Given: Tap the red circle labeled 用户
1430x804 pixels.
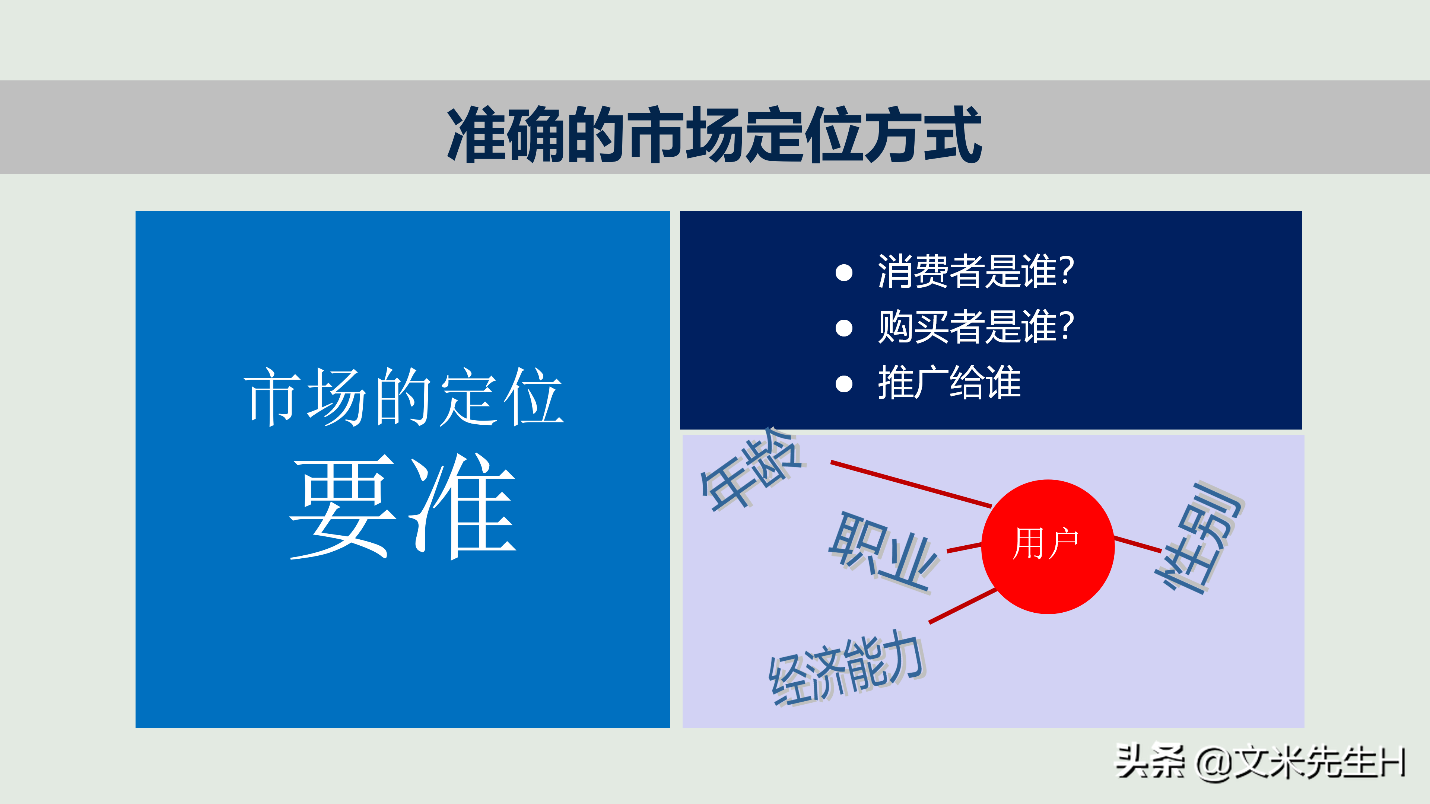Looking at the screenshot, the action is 1048,546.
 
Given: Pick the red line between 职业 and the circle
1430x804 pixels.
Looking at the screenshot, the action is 964,548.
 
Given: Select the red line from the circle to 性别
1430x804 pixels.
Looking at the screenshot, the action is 1138,544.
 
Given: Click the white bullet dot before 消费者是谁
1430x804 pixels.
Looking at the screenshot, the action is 844,272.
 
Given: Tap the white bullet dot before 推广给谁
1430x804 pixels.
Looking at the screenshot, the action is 844,383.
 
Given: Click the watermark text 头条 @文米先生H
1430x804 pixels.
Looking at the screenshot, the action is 1260,762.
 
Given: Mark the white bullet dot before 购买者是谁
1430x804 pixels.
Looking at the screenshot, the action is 844,328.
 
